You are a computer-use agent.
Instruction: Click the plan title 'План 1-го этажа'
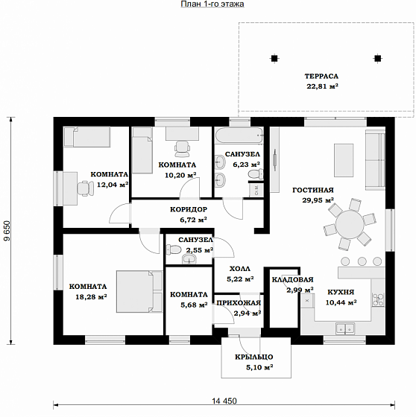coord(212,4)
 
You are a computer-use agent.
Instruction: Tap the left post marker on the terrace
coord(274,58)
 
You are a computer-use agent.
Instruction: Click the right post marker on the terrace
coord(377,58)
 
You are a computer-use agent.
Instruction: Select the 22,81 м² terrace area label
coord(322,86)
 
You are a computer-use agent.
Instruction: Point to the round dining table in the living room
coord(350,224)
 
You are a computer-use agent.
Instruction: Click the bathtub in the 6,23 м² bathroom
coord(239,136)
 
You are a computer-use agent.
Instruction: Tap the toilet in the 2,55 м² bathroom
coord(173,249)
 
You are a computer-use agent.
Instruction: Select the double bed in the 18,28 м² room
coord(139,291)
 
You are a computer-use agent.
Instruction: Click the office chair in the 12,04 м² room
coord(85,188)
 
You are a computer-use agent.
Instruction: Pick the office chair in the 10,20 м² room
coord(182,149)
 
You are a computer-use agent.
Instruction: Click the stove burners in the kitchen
coord(378,299)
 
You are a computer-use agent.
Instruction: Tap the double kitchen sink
coord(345,328)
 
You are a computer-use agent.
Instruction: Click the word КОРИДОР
coord(189,209)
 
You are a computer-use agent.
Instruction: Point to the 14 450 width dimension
coord(224,401)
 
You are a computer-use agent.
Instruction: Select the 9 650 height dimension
coord(7,231)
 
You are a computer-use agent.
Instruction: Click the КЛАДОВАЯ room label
coord(292,280)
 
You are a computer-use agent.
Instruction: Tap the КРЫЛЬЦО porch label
coord(253,357)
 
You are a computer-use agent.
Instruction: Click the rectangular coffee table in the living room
coord(344,160)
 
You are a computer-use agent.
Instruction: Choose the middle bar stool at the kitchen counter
coord(362,261)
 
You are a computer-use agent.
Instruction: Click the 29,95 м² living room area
coord(318,200)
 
